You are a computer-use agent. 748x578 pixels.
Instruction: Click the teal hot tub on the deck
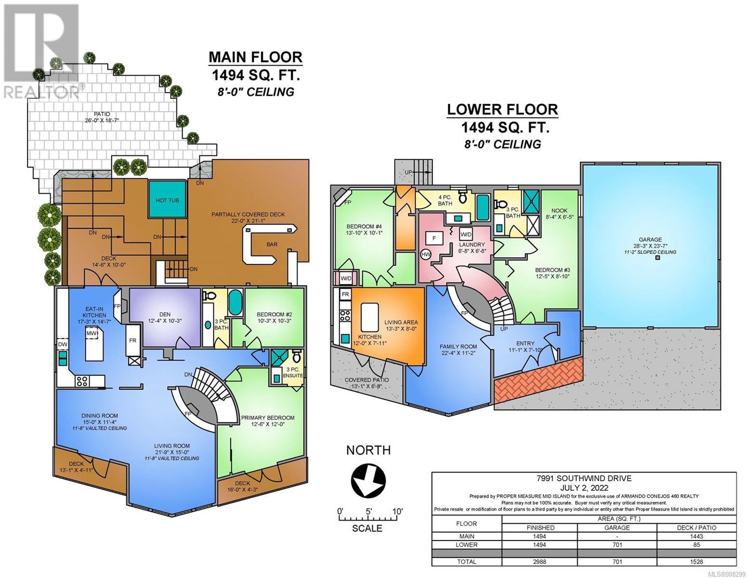coord(167,199)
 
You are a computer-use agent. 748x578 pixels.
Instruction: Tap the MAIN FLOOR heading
coord(255,57)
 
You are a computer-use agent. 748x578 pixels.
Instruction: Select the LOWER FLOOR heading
coord(502,109)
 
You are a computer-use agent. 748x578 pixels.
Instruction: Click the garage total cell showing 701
coord(617,562)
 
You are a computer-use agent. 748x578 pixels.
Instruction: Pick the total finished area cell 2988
coord(540,562)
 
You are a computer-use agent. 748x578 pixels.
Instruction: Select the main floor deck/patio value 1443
coord(696,536)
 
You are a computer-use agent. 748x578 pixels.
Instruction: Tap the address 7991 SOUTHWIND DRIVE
coord(584,478)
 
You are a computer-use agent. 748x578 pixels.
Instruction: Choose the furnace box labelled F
coord(434,238)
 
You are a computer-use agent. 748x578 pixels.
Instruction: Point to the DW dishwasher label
coord(62,344)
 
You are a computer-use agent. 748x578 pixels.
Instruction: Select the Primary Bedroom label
coord(267,418)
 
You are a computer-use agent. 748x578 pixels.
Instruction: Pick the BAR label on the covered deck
coord(272,244)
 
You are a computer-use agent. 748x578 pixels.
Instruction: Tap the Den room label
coord(165,314)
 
